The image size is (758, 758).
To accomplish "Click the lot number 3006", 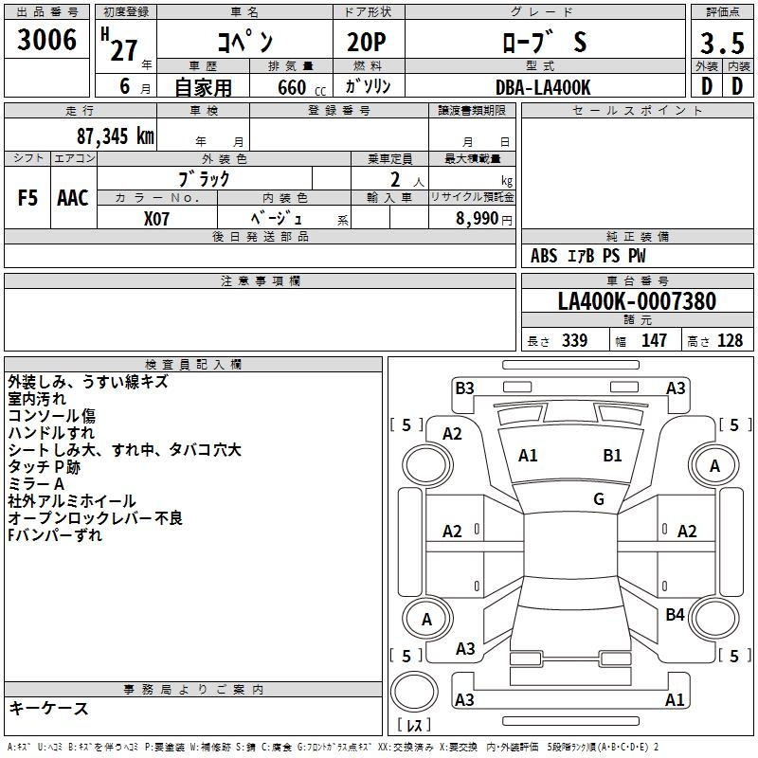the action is (46, 40).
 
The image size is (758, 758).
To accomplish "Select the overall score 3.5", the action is (722, 43).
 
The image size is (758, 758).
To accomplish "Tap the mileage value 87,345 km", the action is (116, 136).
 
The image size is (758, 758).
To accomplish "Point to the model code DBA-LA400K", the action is (543, 87).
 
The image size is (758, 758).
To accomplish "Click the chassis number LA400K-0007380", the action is (637, 301).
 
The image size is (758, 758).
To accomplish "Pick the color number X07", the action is (156, 219).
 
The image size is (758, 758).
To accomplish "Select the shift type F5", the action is (27, 198).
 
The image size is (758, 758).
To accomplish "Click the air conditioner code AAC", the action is (73, 198).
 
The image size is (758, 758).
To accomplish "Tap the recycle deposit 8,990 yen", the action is (483, 219).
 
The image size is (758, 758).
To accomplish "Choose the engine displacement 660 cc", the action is (301, 87).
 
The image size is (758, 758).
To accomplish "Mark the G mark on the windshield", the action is (599, 499).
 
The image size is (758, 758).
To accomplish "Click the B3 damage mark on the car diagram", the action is (464, 388).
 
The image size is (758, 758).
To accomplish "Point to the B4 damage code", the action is (675, 615).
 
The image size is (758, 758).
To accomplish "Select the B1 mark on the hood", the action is (612, 456).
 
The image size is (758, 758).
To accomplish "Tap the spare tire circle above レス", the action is (414, 692).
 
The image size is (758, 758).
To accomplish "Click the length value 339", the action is (574, 340).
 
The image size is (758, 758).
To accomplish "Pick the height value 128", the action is (730, 340).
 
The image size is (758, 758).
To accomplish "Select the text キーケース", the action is (48, 709).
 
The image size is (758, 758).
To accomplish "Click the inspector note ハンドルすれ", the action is (51, 433).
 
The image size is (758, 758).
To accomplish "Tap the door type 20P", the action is (367, 43).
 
